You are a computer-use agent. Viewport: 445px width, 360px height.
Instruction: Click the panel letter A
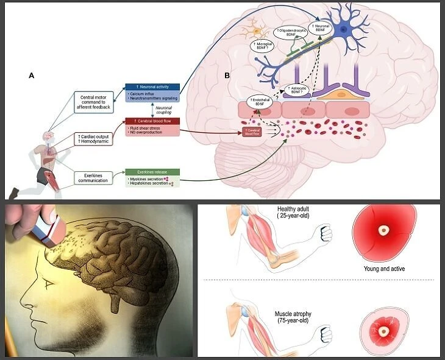pos(31,76)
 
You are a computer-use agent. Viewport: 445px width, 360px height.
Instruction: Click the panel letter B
pos(227,76)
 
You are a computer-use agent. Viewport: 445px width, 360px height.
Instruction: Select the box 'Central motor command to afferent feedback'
pos(96,99)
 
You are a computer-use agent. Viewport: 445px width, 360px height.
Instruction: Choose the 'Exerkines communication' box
pos(96,178)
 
